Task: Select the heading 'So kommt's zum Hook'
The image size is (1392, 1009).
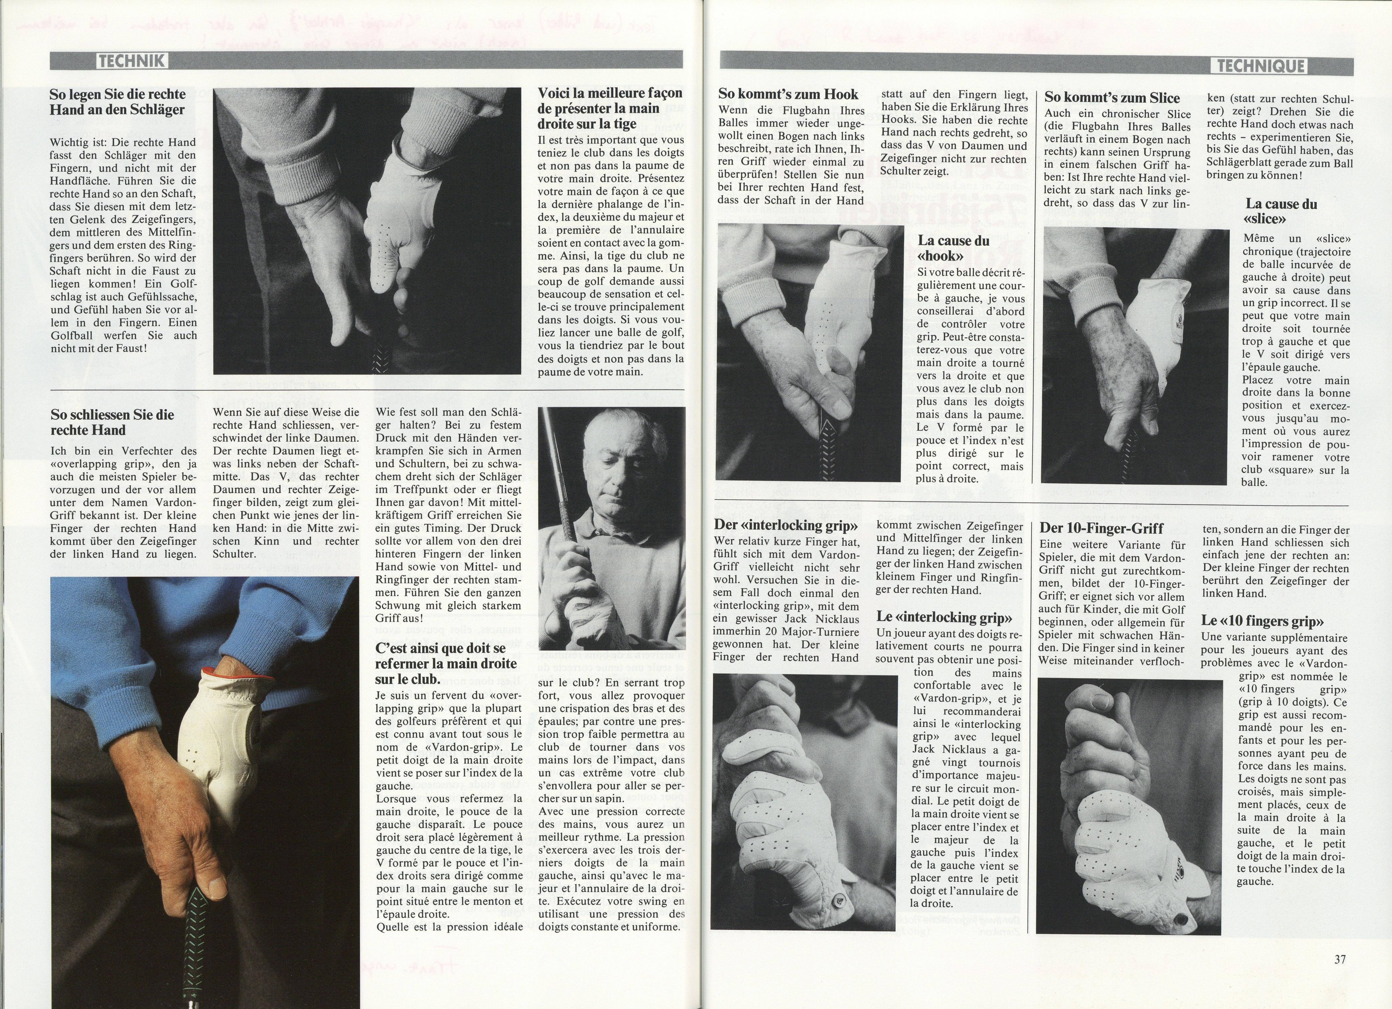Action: coord(788,94)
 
